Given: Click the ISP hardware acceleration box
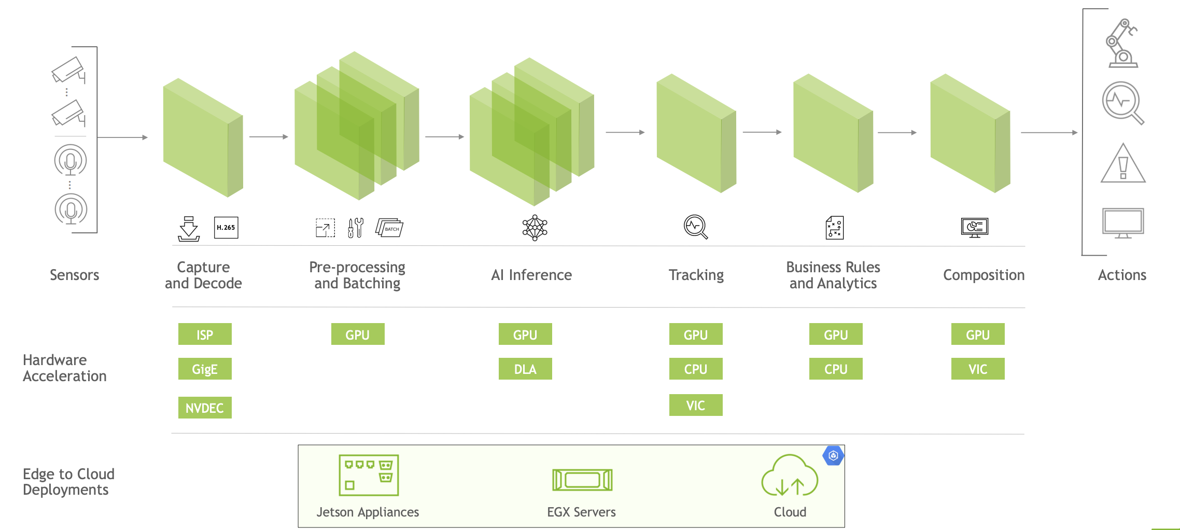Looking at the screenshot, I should tap(205, 334).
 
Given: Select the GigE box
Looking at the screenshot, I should tap(205, 369).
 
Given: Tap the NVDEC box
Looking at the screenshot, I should tap(205, 408).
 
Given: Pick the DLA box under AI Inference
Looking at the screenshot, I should tap(525, 369).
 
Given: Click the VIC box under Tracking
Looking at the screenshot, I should tap(696, 405).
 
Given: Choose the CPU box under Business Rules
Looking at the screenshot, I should tap(836, 369).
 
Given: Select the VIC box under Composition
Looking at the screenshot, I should tap(978, 369).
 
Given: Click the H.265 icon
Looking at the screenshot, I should tap(226, 228).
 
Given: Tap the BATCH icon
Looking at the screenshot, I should tap(390, 228).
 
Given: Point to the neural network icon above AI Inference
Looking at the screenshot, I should tap(535, 228).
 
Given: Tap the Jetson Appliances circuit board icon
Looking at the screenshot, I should tap(369, 475).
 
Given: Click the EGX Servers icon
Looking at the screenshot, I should tap(582, 480).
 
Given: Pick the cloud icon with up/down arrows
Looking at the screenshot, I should tap(789, 476).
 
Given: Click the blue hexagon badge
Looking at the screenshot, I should tap(833, 456).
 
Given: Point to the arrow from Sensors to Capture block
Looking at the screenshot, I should tap(122, 137).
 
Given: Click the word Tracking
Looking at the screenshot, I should tap(696, 275).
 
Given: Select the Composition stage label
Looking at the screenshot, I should tap(984, 275).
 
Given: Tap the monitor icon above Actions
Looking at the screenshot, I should tap(1123, 224).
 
